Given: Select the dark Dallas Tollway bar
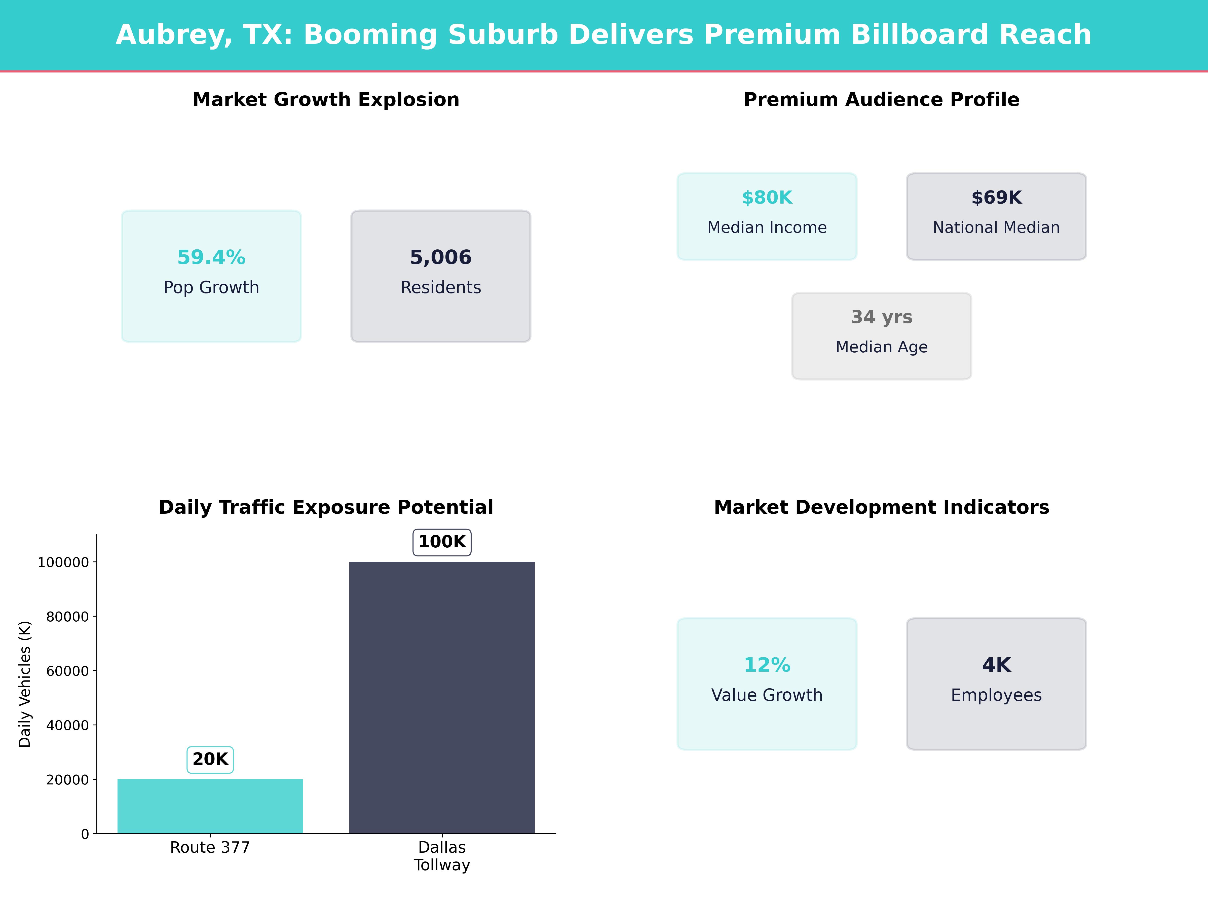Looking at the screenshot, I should click(x=442, y=697).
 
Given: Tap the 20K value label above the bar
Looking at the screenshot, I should click(x=210, y=759).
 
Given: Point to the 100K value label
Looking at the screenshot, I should click(x=442, y=542).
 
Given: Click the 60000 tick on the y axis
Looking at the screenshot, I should click(x=67, y=671).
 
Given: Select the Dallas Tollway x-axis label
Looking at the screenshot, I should click(x=442, y=856).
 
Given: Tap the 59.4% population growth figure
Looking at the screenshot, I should click(x=211, y=257).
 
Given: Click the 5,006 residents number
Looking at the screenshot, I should click(x=441, y=257).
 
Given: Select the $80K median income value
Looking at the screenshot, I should click(x=767, y=198).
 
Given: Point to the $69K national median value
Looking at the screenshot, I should click(x=996, y=198).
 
